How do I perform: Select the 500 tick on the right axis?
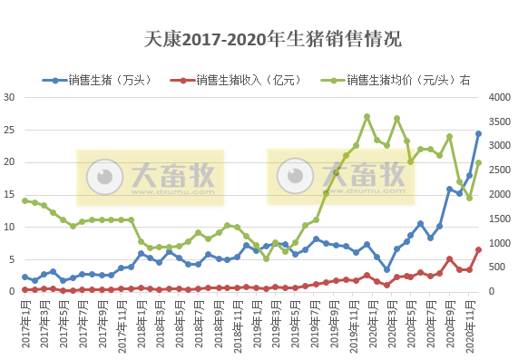tap(499, 267)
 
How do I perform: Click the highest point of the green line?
tap(367, 117)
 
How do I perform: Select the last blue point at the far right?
tap(478, 133)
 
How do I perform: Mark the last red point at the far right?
tap(478, 249)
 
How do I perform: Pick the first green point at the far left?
tap(25, 200)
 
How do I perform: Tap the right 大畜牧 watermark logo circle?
tap(296, 172)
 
